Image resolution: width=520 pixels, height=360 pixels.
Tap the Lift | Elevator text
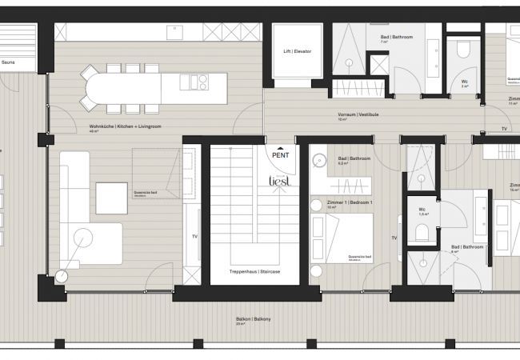(297, 51)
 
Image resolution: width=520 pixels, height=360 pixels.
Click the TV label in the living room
(195, 237)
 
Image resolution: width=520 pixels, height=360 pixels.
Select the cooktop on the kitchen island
(195, 80)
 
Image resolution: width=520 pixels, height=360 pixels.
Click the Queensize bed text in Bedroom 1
(357, 255)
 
